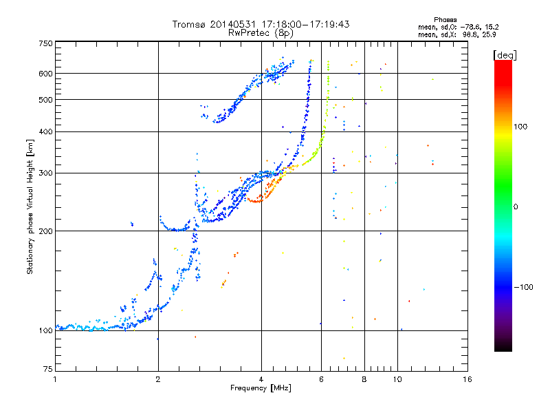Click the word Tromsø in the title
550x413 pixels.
(x=188, y=24)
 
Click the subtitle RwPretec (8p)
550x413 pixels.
(x=261, y=33)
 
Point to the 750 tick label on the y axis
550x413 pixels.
(x=46, y=43)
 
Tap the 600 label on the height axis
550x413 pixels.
(x=46, y=74)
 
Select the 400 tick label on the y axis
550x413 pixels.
(x=46, y=131)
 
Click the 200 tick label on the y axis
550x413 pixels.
(x=46, y=231)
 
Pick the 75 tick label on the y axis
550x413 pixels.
(x=48, y=369)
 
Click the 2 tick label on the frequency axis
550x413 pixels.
(x=158, y=379)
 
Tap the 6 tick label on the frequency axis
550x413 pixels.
(x=321, y=379)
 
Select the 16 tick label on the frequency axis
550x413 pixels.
(x=467, y=379)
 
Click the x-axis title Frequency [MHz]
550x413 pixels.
(x=261, y=388)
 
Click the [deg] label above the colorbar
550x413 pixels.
(x=505, y=55)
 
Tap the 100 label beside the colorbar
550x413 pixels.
(x=520, y=127)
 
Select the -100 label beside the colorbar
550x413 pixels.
(x=523, y=287)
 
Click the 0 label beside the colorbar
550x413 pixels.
(x=516, y=207)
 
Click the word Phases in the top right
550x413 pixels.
(x=445, y=20)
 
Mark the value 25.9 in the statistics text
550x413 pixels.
(x=489, y=34)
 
